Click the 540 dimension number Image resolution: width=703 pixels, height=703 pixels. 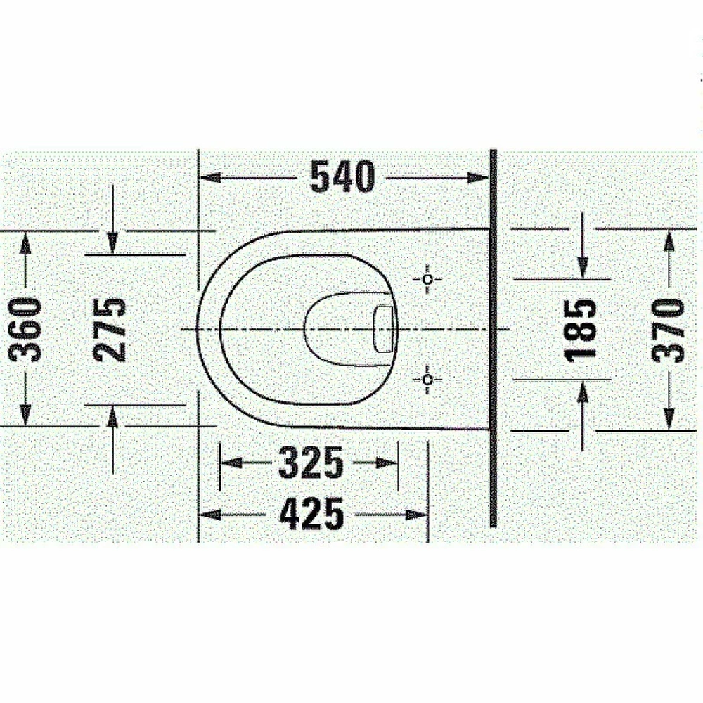(x=342, y=176)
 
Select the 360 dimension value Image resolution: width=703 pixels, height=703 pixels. (x=25, y=330)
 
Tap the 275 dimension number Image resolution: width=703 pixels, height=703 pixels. (x=110, y=330)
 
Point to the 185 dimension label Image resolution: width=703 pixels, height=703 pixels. (x=581, y=331)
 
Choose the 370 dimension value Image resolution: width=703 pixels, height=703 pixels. (x=668, y=331)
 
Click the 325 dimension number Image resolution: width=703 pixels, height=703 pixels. (x=311, y=463)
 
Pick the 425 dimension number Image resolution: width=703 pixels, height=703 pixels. (x=311, y=514)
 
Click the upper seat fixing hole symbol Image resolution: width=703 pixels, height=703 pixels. (x=427, y=279)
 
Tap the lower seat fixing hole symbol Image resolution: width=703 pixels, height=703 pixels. (x=427, y=380)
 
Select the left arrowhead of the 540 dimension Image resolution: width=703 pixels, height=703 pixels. (x=209, y=178)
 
